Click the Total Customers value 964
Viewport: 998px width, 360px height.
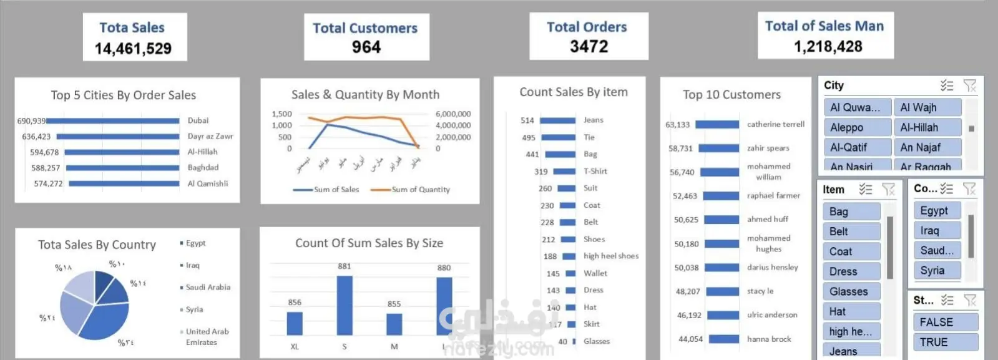point(366,47)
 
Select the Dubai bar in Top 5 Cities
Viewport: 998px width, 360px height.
point(112,121)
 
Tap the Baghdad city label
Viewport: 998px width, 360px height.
point(203,168)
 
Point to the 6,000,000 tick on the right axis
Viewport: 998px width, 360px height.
point(453,114)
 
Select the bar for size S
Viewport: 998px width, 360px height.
point(345,305)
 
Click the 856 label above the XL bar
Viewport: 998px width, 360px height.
point(295,303)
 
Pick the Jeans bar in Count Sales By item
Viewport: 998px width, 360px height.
point(557,120)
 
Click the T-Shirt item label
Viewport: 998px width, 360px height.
point(595,172)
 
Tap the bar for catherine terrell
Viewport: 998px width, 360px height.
point(717,125)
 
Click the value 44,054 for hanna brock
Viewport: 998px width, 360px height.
point(690,339)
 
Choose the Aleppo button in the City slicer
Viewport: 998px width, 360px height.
point(857,127)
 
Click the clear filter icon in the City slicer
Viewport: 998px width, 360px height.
point(969,85)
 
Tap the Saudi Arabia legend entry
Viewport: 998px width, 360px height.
point(208,288)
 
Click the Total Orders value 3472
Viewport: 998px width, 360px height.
point(589,47)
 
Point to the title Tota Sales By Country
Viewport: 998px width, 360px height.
point(97,245)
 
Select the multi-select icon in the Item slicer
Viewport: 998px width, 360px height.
point(865,189)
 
